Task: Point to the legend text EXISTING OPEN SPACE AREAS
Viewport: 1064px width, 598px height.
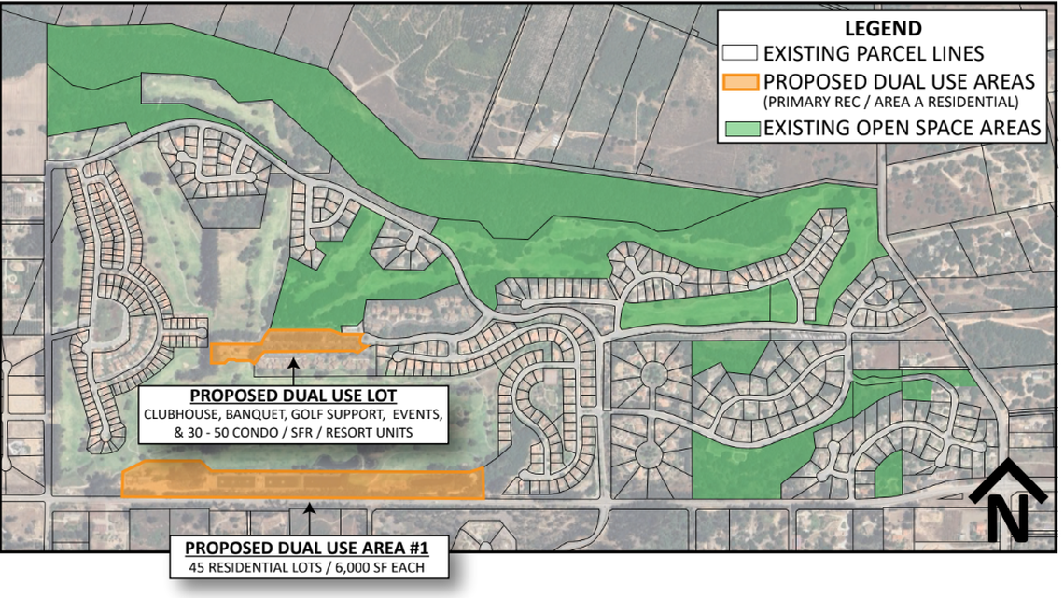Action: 902,128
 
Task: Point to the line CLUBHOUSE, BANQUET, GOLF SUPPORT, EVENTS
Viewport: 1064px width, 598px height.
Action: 293,413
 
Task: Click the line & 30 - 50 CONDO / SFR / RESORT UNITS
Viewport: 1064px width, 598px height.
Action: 293,432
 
